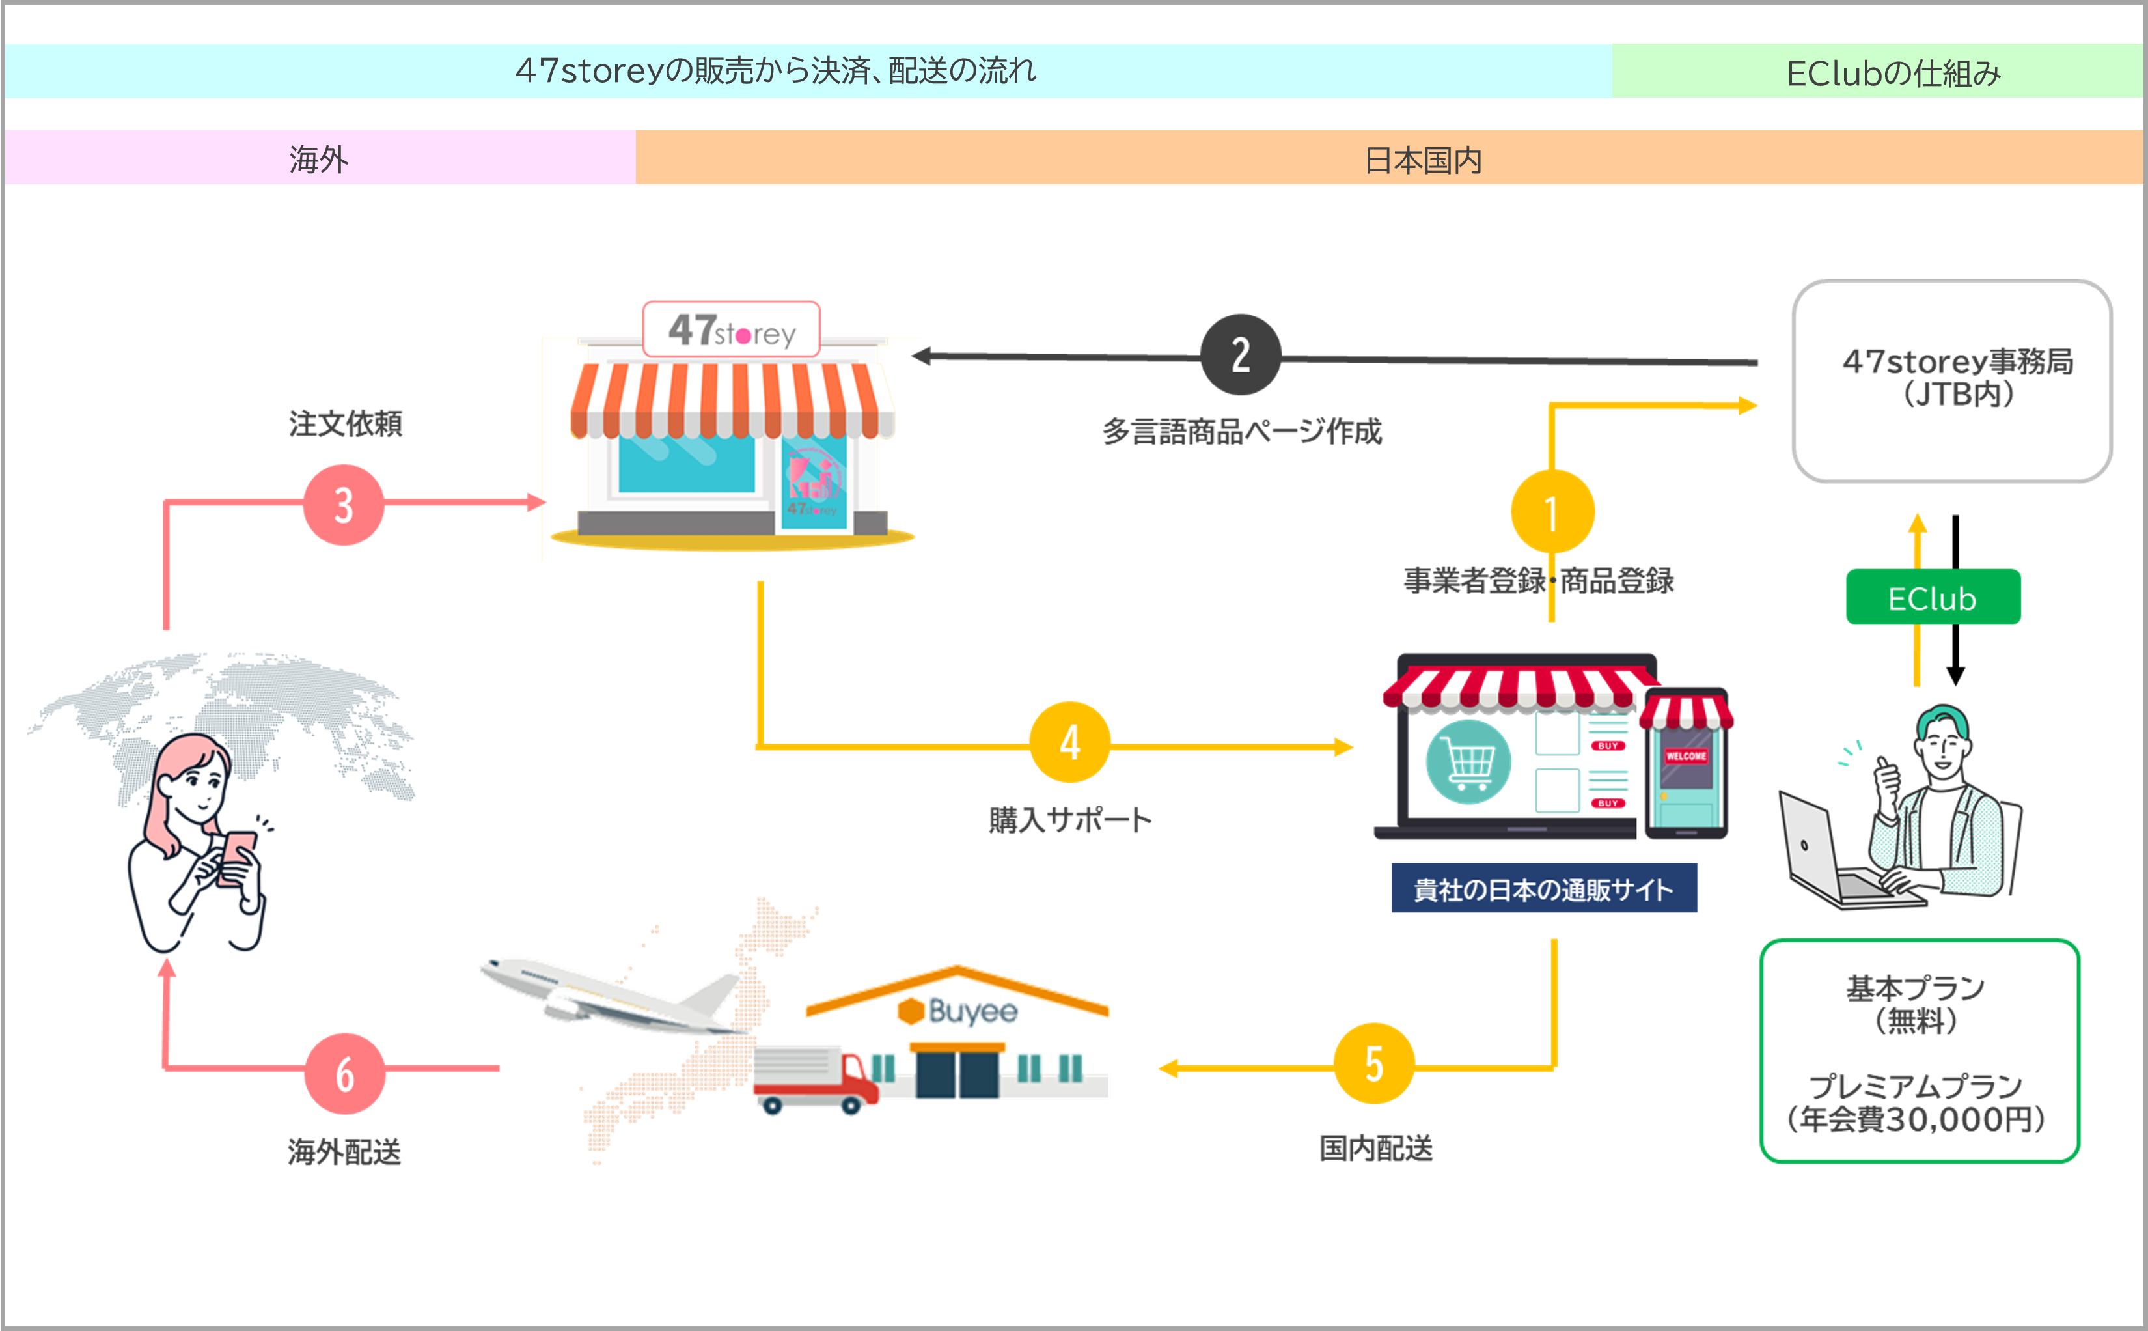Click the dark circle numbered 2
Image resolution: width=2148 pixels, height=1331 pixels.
coord(1240,355)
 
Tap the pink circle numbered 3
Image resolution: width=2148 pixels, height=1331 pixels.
coord(343,505)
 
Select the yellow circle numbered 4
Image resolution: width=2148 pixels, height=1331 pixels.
coord(1069,742)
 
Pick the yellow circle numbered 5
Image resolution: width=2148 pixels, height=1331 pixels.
coord(1373,1063)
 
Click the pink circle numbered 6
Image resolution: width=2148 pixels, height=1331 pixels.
coord(345,1074)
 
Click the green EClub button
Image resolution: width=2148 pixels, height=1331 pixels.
coord(1933,598)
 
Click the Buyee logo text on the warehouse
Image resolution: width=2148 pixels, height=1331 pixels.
coord(972,1011)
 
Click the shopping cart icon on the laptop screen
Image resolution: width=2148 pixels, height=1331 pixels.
coord(1468,763)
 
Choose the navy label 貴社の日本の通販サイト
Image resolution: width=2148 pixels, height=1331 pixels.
coord(1543,889)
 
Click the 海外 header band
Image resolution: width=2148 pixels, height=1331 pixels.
coord(318,158)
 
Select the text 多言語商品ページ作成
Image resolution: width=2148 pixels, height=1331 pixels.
coord(1242,431)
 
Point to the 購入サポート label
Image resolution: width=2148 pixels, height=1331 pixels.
coord(1069,820)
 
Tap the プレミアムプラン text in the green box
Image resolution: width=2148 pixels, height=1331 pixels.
coord(1915,1086)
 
